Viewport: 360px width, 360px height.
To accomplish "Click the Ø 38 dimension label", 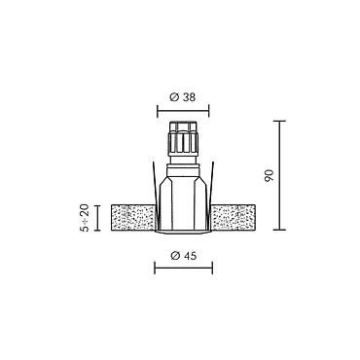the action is tap(183, 97).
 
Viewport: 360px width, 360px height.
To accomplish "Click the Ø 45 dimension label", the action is tap(183, 256).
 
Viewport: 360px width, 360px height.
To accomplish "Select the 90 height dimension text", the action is tap(270, 175).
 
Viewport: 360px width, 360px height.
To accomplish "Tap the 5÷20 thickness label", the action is tap(84, 218).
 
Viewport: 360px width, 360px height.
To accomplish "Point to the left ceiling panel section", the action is tap(133, 218).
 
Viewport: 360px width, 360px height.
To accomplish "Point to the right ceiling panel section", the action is tap(233, 218).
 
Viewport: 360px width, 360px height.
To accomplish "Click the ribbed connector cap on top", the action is tap(183, 138).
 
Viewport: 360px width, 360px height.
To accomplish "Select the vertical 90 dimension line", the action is tap(279, 175).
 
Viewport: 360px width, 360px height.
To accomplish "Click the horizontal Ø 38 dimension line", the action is tap(183, 111).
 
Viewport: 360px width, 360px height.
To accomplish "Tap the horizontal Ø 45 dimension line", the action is tap(184, 268).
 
